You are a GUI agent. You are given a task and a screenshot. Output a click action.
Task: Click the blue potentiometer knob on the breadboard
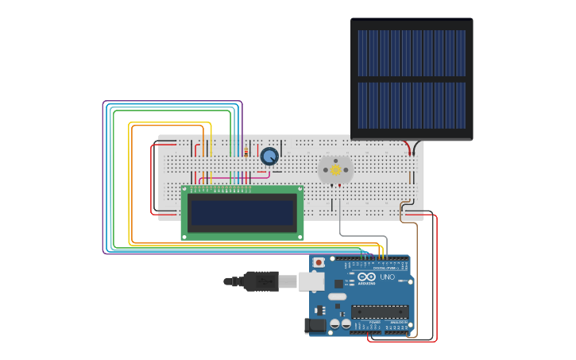269,156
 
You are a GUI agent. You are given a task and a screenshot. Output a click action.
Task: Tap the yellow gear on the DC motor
335,170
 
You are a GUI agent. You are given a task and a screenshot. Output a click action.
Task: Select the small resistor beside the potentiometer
246,152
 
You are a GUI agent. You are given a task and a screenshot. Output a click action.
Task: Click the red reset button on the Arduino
319,262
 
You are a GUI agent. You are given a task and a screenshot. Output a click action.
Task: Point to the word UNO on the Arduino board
388,277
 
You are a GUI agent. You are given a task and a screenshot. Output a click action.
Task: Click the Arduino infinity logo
366,277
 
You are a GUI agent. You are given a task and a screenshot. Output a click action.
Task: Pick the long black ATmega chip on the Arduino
379,312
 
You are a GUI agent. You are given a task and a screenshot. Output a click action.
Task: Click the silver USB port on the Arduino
311,281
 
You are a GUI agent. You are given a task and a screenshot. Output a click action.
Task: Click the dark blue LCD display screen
242,212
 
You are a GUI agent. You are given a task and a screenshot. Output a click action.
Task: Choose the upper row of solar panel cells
412,53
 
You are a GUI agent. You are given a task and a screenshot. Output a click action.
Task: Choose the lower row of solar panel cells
412,105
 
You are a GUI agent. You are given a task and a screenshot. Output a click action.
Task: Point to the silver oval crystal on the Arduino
338,296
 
